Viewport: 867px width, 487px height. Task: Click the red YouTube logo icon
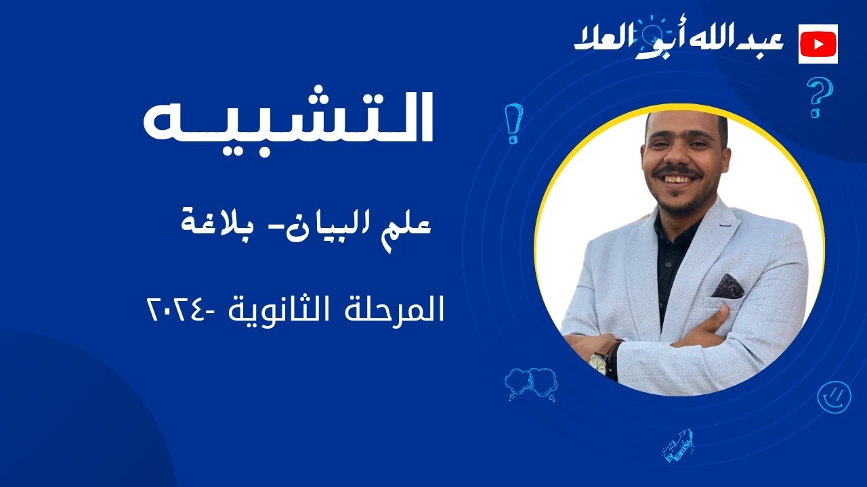click(818, 44)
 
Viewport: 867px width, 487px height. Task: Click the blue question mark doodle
click(819, 97)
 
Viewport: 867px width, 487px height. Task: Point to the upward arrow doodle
click(678, 445)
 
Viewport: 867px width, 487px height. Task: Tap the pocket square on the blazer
click(727, 286)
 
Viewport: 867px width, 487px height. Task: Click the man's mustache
click(679, 173)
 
